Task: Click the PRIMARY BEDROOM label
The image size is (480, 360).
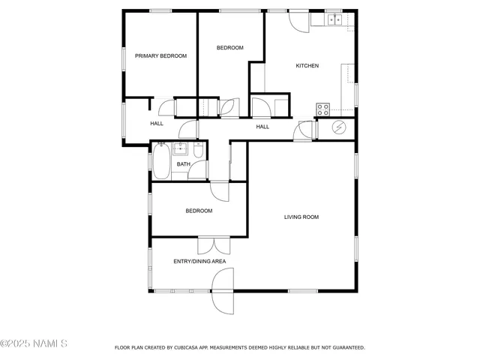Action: pos(160,56)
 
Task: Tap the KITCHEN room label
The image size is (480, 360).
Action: pos(307,66)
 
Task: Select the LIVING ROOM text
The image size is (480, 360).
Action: pos(301,217)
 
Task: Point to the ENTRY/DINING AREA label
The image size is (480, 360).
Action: pos(199,262)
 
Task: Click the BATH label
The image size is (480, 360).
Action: pos(183,164)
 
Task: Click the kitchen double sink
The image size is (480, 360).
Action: pos(334,19)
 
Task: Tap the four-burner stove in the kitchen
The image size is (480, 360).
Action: pos(324,110)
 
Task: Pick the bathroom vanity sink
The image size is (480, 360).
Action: pos(181,147)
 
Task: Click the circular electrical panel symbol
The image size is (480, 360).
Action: pos(339,128)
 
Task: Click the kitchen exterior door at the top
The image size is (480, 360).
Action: pos(298,21)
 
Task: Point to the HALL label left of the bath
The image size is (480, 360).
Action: pos(157,124)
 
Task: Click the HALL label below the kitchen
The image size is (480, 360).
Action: pos(262,127)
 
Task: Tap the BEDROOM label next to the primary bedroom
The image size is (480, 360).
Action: pos(229,48)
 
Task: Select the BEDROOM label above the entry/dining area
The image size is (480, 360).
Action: pos(199,211)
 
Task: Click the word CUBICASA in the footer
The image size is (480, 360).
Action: pos(187,348)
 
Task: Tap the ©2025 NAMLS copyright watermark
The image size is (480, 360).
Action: pos(34,344)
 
